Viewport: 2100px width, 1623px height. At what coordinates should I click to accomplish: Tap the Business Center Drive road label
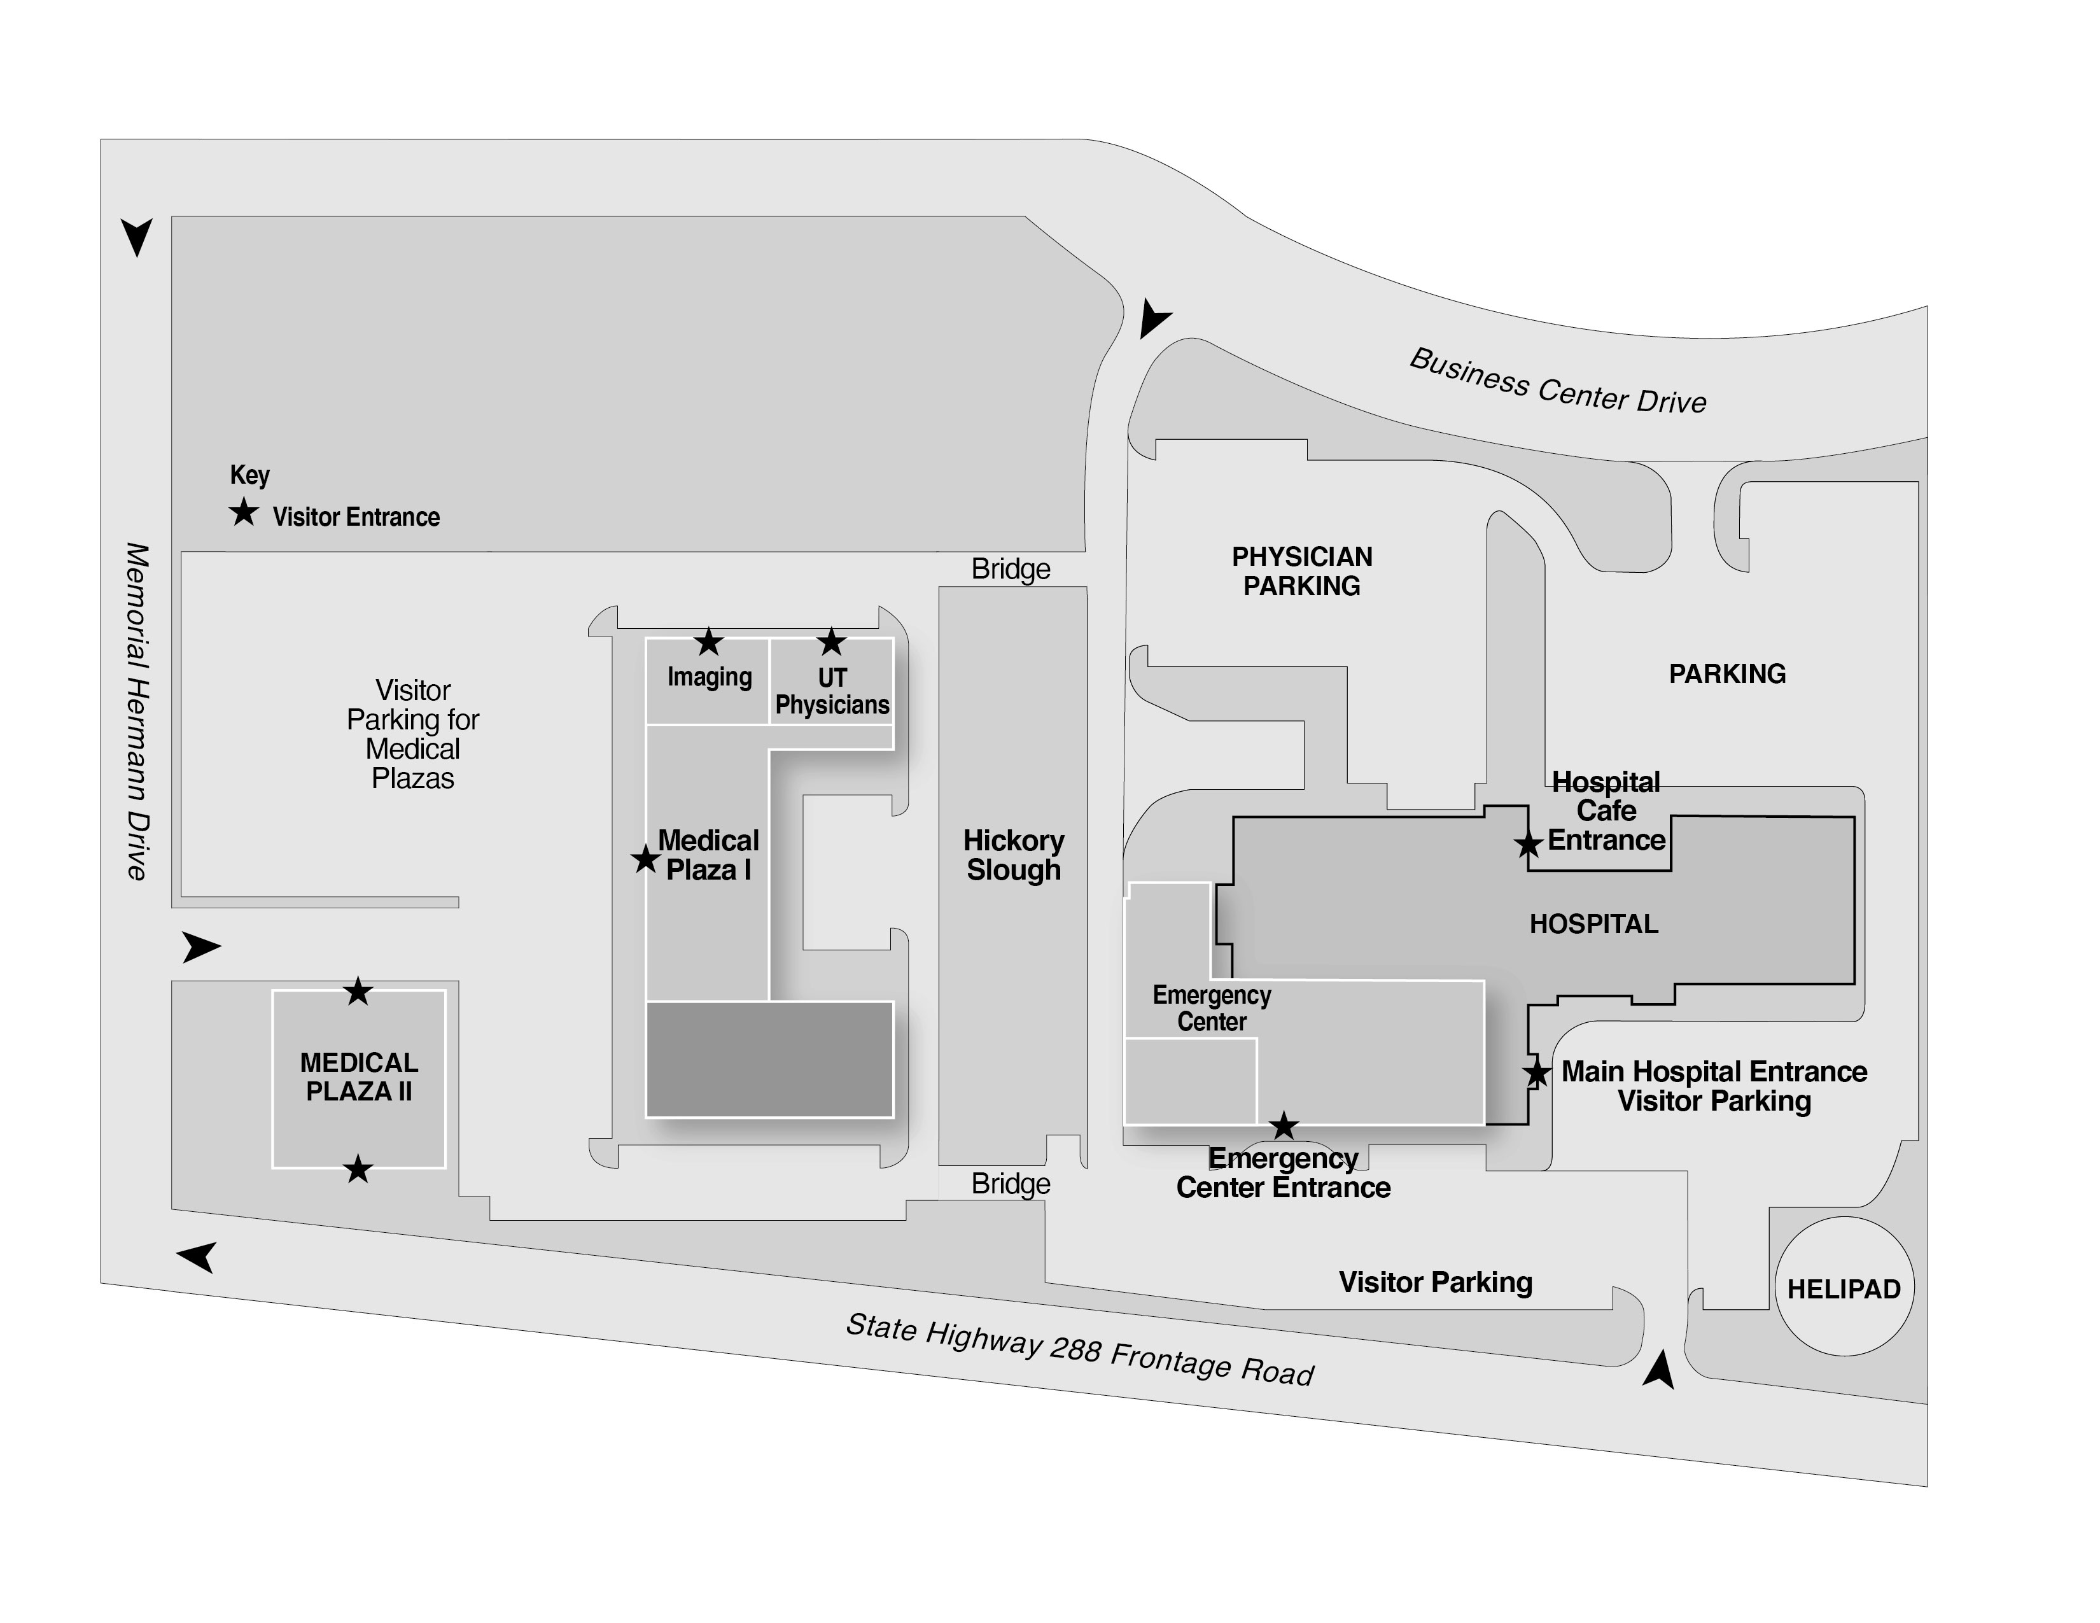(x=1558, y=382)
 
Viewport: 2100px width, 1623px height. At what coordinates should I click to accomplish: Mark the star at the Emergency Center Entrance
(x=1284, y=1125)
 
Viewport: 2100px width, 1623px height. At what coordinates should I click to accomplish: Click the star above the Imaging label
(x=709, y=642)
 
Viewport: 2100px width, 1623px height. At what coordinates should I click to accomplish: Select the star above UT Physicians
(x=830, y=642)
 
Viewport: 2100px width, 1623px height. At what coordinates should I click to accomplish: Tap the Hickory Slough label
(x=1014, y=855)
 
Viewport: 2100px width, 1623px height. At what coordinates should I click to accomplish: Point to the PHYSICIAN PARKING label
(x=1302, y=571)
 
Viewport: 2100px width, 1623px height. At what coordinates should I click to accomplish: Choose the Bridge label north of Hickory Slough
(x=1011, y=569)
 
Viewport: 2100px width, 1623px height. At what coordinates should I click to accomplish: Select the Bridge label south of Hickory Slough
(x=1011, y=1184)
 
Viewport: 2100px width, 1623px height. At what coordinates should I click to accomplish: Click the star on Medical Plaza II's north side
(x=358, y=990)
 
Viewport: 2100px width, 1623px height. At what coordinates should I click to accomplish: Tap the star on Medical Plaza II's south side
(x=358, y=1169)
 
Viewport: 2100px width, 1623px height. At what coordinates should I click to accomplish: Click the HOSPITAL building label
(x=1593, y=924)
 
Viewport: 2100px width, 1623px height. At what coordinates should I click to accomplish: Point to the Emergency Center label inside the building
(x=1212, y=1008)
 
